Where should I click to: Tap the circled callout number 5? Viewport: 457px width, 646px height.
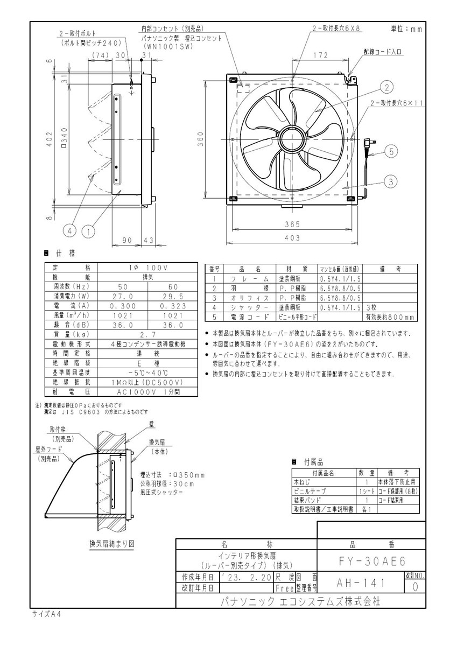click(392, 152)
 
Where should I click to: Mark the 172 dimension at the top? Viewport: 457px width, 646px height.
click(321, 55)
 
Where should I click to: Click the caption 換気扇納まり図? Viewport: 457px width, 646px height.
click(111, 543)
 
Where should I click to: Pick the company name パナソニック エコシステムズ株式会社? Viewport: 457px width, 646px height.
click(301, 601)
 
